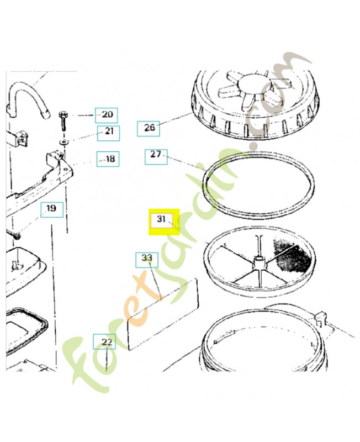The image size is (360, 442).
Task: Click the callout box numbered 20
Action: [106, 115]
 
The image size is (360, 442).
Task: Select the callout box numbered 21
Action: [108, 133]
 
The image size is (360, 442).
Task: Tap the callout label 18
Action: [108, 159]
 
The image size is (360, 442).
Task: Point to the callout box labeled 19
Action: [52, 210]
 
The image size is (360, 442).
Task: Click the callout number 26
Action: [148, 129]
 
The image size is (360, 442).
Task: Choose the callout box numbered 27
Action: [156, 157]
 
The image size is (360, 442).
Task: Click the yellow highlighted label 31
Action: [164, 222]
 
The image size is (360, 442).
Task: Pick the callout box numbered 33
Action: [147, 260]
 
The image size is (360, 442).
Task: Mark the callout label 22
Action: [104, 341]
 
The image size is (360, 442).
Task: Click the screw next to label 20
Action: [62, 121]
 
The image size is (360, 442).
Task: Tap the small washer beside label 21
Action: [64, 141]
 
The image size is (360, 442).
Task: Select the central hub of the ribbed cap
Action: [252, 84]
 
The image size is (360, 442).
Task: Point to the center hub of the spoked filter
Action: [260, 262]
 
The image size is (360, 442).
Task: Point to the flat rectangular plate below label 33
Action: [163, 314]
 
